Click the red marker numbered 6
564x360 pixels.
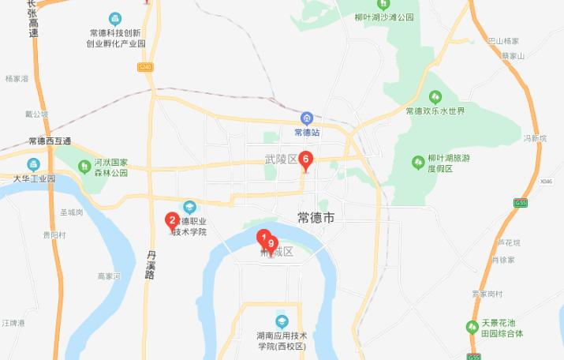tap(306, 159)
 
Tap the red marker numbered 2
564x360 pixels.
tap(171, 221)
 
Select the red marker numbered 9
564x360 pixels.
tap(271, 245)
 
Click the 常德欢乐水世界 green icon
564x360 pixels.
tap(435, 97)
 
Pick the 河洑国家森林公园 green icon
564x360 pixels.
tap(84, 166)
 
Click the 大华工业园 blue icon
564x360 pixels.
tap(33, 164)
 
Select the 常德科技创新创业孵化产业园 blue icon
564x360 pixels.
tap(115, 18)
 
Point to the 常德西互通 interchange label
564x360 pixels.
tap(49, 141)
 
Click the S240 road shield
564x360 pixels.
tap(144, 68)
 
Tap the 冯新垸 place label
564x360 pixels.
tap(535, 138)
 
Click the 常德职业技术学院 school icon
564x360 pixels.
tap(189, 207)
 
